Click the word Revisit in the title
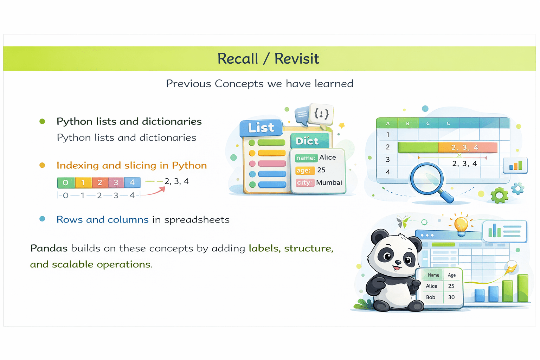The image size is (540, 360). pos(297,59)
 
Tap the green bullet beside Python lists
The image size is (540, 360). pos(42,121)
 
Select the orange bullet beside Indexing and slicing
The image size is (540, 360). pos(42,165)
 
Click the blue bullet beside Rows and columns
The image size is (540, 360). pos(42,219)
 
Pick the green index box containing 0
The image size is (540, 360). pos(66,183)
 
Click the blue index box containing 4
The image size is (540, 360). pos(132,182)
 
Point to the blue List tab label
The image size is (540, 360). pos(261,128)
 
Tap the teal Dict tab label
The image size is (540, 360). pos(307,141)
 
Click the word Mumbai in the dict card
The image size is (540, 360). pos(329,182)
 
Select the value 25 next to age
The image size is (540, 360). pos(321,170)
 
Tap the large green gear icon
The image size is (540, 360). pos(499,195)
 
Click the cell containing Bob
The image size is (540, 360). pos(431,297)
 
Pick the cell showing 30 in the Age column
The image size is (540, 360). pos(451,297)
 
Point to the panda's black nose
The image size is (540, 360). pos(398,262)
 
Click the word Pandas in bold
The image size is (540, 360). pos(49,248)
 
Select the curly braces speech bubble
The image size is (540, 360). pos(321,114)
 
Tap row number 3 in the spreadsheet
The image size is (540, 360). pos(388,160)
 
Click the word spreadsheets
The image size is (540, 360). pos(197,220)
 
